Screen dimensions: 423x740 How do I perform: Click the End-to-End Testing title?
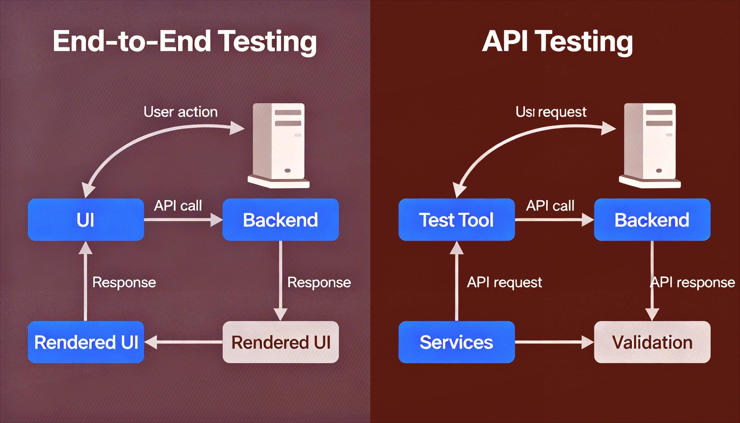[185, 41]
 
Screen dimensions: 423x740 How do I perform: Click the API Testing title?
[557, 41]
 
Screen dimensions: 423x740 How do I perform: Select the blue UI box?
[86, 220]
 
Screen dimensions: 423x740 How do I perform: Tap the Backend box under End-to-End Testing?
[280, 220]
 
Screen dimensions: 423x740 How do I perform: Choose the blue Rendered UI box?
[86, 342]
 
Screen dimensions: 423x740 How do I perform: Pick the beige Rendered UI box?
[280, 342]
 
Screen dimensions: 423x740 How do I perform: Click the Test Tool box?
[456, 220]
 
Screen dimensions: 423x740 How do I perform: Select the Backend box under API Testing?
[652, 220]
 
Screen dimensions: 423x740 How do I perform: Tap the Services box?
[456, 342]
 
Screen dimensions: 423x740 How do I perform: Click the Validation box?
[652, 342]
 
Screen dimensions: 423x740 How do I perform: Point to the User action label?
[180, 112]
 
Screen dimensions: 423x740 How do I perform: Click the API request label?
[504, 282]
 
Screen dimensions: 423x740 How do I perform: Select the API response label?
[693, 282]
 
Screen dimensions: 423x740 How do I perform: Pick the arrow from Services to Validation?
[553, 342]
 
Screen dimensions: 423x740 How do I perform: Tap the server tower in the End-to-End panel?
[279, 145]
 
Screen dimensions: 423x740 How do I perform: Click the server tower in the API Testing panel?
[650, 145]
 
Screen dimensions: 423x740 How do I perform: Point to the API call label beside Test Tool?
[550, 206]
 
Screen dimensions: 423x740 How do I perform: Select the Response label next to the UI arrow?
[124, 282]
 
